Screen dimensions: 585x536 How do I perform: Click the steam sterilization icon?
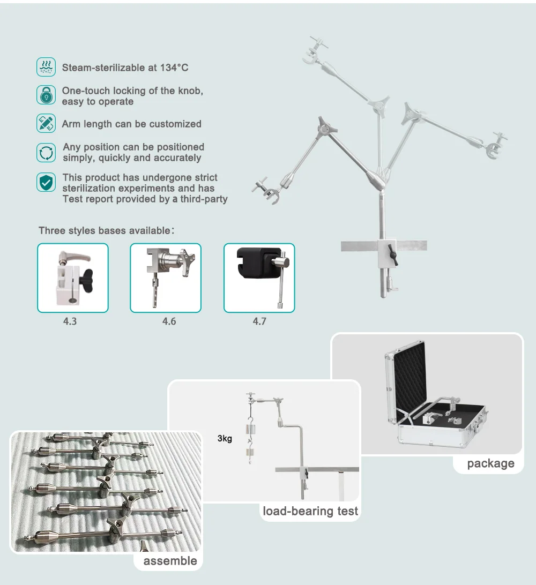click(x=46, y=67)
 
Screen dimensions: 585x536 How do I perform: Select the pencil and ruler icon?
click(x=46, y=124)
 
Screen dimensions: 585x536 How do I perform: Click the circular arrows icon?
click(x=46, y=152)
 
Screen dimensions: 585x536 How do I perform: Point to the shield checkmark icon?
click(x=46, y=182)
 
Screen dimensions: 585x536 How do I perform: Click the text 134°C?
click(x=174, y=67)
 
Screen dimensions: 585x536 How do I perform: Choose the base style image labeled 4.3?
click(x=73, y=277)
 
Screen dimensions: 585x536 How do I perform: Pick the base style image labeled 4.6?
click(x=166, y=277)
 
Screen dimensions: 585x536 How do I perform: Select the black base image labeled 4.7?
click(x=259, y=277)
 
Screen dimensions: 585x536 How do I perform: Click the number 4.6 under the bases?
click(x=169, y=321)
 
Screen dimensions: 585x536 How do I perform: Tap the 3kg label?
click(x=225, y=439)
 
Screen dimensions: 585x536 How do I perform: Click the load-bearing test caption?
click(x=310, y=511)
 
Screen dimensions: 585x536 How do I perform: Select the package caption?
click(x=490, y=463)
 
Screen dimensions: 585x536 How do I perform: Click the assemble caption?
click(x=170, y=561)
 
